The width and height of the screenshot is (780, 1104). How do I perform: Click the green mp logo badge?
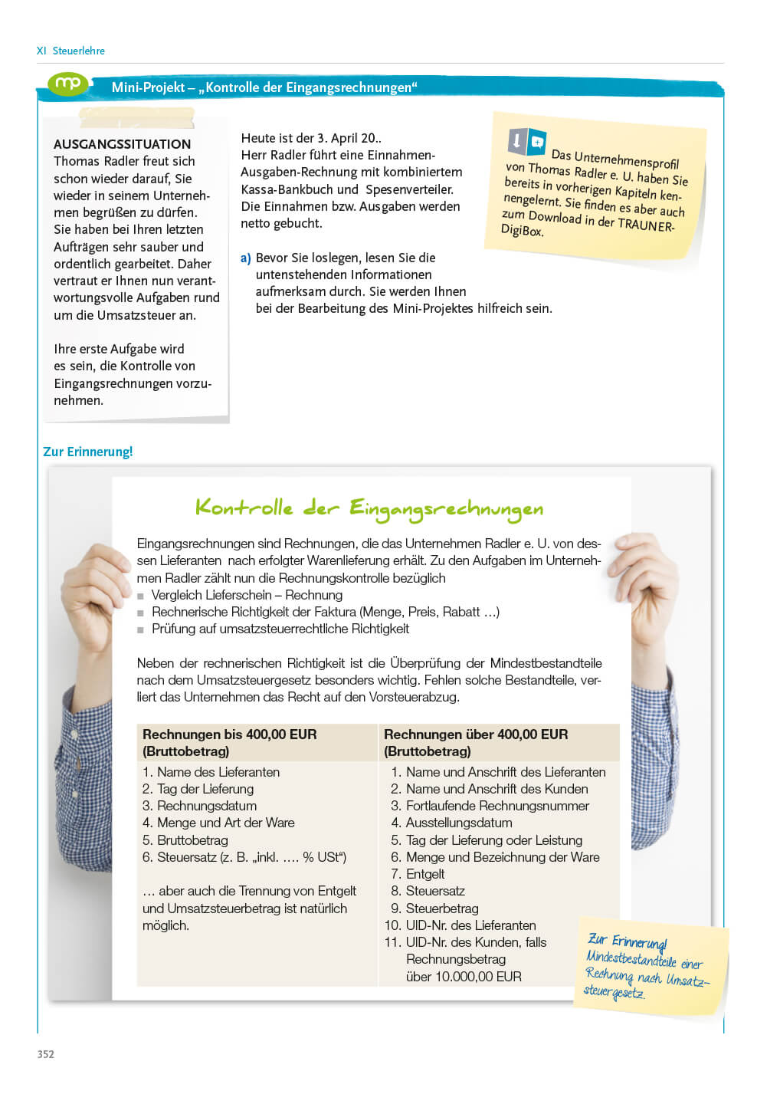(68, 84)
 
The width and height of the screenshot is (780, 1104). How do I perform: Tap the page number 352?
(46, 1054)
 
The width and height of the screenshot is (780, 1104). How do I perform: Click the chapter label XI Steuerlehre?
(70, 51)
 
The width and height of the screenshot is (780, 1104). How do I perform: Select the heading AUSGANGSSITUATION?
(122, 144)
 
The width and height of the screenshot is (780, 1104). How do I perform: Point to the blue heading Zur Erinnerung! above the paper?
(87, 452)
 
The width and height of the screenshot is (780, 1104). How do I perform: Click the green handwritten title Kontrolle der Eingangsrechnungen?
(369, 508)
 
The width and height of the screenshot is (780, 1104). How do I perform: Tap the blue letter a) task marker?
(246, 258)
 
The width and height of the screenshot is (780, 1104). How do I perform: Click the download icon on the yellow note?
(517, 140)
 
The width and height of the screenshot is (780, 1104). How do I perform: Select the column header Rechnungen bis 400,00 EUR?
(230, 734)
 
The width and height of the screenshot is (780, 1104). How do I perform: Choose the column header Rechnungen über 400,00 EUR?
(476, 734)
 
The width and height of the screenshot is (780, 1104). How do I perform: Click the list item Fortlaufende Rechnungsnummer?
(497, 806)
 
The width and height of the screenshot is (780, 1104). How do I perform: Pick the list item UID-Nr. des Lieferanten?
(470, 925)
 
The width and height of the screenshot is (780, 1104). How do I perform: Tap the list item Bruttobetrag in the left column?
(192, 840)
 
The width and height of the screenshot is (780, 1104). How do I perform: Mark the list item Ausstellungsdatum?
(459, 823)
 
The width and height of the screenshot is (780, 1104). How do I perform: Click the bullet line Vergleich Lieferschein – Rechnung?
(247, 595)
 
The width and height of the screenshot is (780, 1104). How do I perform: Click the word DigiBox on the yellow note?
(522, 230)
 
